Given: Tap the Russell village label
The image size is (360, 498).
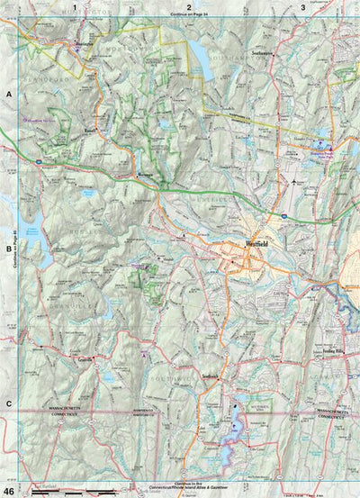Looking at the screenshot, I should click(90, 130).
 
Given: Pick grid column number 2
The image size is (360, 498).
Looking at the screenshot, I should click(190, 7).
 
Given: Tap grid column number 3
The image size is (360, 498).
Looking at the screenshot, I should click(304, 7).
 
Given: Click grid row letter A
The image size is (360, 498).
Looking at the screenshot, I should click(8, 94).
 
